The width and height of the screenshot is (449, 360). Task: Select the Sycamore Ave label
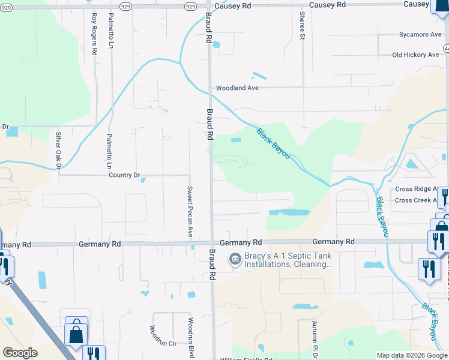point(420,35)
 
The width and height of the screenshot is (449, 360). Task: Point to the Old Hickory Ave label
point(415,55)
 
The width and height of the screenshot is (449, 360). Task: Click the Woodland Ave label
point(237,88)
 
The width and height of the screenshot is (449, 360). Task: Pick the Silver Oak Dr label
point(59,151)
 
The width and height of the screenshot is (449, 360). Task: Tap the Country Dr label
point(124,175)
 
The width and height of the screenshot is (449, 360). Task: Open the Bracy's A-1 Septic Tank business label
point(287,260)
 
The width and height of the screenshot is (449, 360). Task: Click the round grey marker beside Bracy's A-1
point(234,260)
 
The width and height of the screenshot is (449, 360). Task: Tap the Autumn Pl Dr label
point(314,340)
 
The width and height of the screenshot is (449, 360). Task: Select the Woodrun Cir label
point(163,344)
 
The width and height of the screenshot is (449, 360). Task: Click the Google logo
point(20,353)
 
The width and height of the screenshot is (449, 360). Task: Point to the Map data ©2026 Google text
point(412,355)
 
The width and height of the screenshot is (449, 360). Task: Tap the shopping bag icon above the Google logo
point(76,333)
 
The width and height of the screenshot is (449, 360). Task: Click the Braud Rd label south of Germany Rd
point(212,265)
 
